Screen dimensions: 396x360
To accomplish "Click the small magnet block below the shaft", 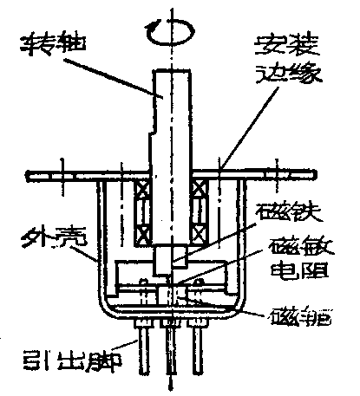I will [x=172, y=260].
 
